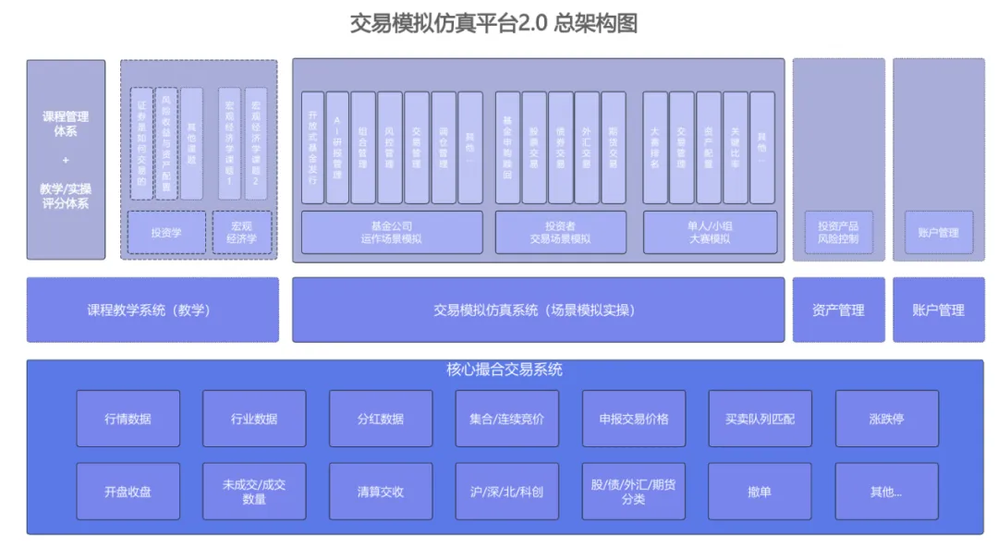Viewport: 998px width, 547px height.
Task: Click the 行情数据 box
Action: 128,419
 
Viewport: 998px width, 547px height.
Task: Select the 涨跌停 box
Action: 886,419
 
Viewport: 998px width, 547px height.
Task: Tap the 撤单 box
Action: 760,492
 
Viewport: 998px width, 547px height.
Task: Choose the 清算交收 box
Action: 381,492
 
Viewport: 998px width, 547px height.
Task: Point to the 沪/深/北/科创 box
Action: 507,492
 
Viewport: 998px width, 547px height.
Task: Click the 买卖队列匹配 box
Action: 760,419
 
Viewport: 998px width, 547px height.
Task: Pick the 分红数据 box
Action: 381,419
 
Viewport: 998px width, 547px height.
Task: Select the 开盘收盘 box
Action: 128,492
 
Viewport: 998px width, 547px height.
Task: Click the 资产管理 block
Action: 838,310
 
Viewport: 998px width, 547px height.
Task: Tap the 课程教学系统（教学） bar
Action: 152,310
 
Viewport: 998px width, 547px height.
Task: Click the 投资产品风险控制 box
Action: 838,232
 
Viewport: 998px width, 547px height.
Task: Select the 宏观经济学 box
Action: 242,232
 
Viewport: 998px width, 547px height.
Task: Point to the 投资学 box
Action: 166,233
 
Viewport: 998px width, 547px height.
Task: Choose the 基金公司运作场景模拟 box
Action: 392,232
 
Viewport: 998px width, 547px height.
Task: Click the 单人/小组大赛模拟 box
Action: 710,232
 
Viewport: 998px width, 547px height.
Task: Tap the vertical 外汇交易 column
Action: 587,146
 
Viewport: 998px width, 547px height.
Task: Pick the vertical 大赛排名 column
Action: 655,146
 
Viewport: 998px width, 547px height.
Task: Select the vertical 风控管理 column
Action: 390,146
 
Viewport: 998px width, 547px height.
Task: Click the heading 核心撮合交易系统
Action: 505,370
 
